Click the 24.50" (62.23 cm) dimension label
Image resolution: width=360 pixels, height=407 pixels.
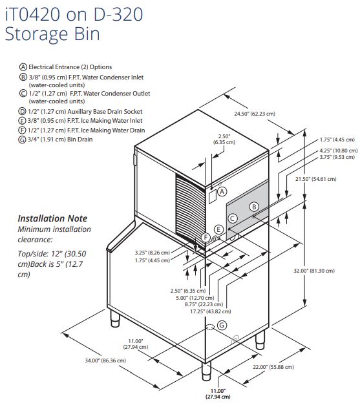click(x=255, y=114)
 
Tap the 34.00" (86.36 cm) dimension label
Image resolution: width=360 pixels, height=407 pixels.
click(x=105, y=360)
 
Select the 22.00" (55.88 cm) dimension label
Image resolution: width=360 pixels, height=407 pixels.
click(x=273, y=367)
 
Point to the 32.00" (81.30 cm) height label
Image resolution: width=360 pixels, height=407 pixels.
click(x=314, y=271)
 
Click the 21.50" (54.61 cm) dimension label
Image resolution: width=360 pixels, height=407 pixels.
click(x=316, y=179)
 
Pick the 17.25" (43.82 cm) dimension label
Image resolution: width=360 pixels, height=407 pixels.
click(x=211, y=311)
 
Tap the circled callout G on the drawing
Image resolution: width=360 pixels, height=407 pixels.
click(x=222, y=325)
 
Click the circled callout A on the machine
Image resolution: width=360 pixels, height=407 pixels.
click(x=222, y=192)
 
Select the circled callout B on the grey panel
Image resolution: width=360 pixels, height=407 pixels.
click(x=254, y=207)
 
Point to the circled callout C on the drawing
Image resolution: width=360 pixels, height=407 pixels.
click(x=233, y=218)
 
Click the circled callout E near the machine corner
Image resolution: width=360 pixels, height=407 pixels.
click(x=218, y=229)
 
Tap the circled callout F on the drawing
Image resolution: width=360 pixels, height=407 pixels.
click(x=206, y=237)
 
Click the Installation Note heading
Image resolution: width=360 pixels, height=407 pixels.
click(x=52, y=218)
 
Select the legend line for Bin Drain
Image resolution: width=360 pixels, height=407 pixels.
click(x=56, y=140)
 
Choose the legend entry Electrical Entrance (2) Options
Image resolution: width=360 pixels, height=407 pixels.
click(x=65, y=67)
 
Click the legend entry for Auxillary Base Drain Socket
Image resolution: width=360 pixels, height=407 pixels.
click(x=80, y=112)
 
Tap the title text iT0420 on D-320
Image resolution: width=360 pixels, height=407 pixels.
click(x=74, y=14)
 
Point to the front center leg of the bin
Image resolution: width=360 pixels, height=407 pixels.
click(x=206, y=371)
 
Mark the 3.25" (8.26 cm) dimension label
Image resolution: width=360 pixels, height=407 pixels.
click(x=152, y=253)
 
